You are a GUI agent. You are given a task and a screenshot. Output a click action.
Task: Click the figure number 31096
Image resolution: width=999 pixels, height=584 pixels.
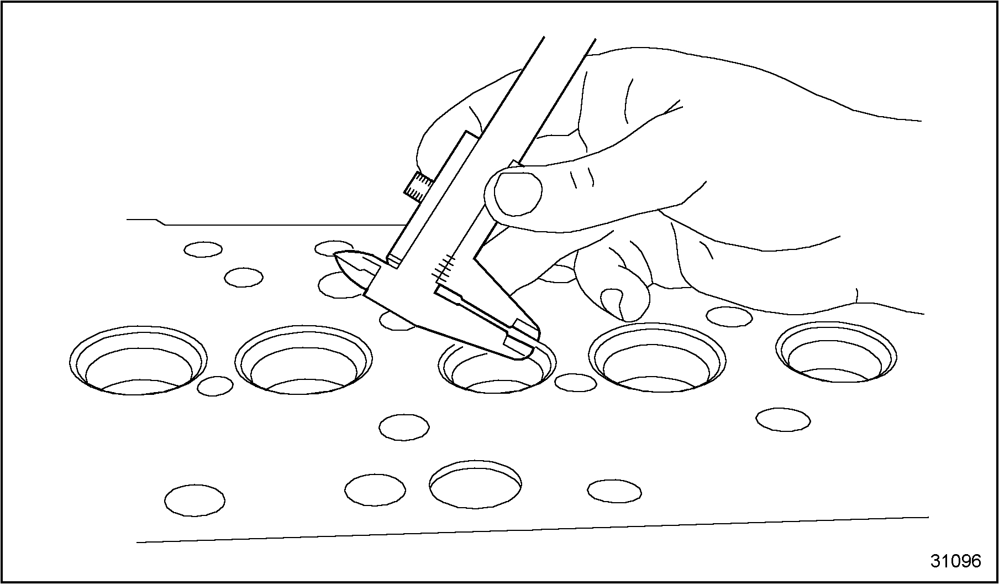point(955,561)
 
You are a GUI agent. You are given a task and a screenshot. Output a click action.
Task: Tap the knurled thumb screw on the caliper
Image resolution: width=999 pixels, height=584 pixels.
point(418,187)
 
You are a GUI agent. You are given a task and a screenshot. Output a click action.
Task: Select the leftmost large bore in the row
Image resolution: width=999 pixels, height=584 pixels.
point(139,360)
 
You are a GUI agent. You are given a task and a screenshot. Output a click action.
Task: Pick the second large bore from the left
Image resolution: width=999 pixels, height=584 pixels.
point(303,360)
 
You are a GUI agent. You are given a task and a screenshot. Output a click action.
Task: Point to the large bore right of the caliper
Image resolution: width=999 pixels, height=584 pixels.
point(657,357)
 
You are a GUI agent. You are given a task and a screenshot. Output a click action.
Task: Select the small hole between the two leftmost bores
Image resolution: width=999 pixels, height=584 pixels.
point(215,386)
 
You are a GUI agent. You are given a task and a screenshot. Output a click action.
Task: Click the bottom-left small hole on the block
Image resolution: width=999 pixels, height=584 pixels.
point(194,500)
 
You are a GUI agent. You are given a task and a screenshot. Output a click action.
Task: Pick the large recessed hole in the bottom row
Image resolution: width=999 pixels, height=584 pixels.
point(475,484)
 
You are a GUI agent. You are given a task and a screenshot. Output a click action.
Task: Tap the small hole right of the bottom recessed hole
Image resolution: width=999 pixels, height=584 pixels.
point(614,491)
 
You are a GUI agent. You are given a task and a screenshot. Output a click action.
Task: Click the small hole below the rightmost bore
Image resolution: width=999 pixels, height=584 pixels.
point(783,419)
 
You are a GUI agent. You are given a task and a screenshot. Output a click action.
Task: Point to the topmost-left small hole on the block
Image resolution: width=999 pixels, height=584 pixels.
point(203,249)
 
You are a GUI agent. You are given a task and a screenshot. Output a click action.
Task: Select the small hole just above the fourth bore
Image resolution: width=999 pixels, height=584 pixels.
point(729,316)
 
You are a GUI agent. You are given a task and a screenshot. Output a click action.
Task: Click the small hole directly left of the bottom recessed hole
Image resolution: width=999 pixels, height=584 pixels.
point(375,489)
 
